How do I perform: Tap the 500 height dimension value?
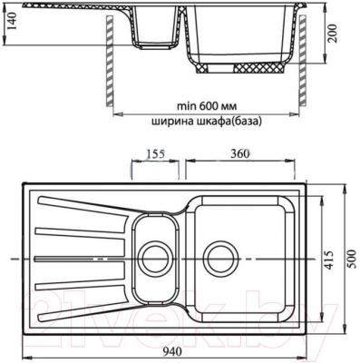(x=352, y=258)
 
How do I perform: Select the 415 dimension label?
(x=334, y=259)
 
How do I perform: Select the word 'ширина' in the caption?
(x=170, y=123)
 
